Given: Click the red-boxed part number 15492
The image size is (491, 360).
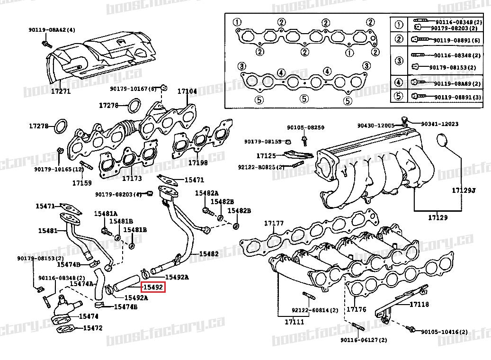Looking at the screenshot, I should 153,287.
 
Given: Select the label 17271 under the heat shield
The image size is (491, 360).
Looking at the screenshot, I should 60,91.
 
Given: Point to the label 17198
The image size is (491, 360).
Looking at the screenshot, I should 198,162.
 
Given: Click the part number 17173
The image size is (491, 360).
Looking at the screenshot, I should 132,179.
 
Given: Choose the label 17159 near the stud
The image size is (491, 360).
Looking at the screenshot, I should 82,182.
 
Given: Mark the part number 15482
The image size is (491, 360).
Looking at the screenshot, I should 208,254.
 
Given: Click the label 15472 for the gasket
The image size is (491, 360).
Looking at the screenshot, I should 92,327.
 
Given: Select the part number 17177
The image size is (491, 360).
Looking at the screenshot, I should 274,223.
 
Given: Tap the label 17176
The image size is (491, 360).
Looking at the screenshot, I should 357,309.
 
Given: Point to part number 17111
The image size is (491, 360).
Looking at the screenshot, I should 295,322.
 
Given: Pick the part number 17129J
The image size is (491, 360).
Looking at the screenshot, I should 463,190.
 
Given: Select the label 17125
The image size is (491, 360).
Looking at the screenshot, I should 266,155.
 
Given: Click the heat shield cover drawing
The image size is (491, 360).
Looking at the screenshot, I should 99,59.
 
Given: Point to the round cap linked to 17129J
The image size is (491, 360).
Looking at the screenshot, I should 441,140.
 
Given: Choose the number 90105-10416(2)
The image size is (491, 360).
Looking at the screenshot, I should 446,332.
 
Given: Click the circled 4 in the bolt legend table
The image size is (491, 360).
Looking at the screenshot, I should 399,83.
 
